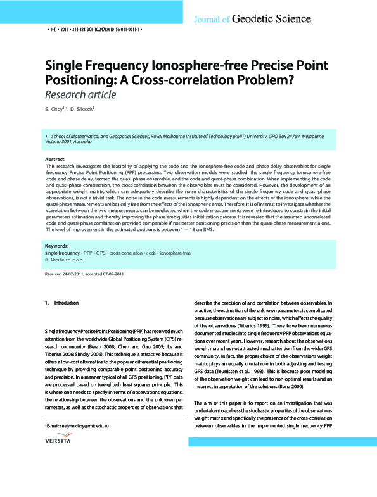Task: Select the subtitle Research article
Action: pos(80,95)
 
